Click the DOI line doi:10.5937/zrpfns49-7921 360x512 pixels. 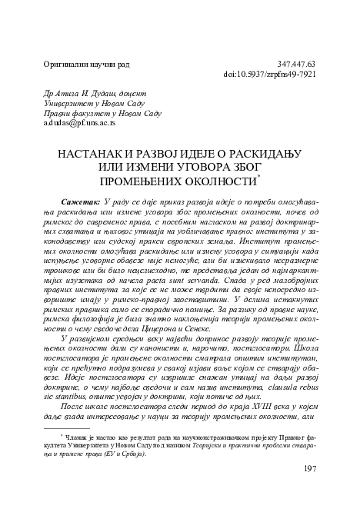tap(269, 75)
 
